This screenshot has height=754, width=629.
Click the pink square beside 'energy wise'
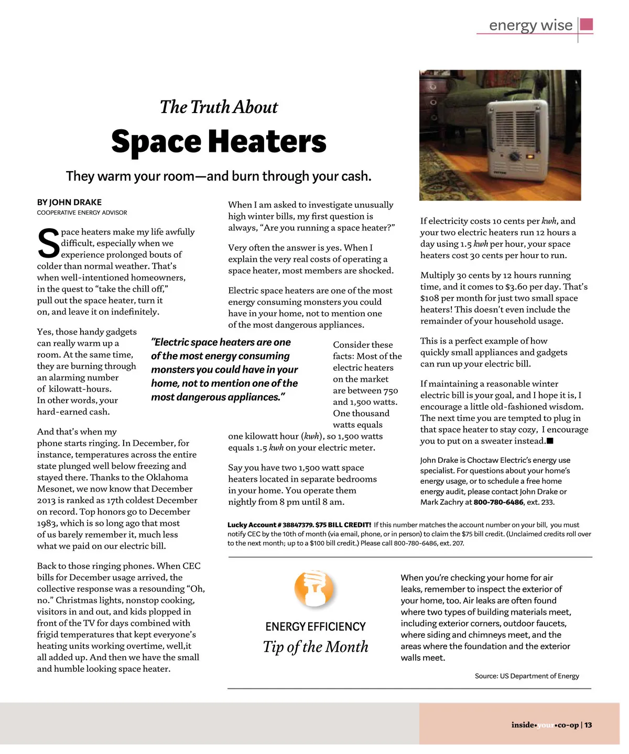(x=587, y=25)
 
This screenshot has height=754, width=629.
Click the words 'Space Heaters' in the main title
(x=219, y=142)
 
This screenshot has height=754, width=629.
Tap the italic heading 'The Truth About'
(x=219, y=107)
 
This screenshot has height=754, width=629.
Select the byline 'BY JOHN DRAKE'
(x=69, y=202)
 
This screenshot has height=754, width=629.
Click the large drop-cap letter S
(x=48, y=243)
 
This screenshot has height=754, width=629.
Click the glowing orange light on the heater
(x=530, y=156)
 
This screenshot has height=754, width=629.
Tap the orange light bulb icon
(x=314, y=588)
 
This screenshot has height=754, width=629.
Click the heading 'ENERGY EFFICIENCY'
(x=315, y=627)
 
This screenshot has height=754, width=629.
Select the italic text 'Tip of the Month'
(x=315, y=647)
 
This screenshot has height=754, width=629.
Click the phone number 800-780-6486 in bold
(x=498, y=502)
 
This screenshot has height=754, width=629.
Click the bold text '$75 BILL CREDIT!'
(x=343, y=525)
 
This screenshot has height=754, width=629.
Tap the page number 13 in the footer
(x=588, y=725)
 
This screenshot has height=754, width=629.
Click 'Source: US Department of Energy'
(x=527, y=676)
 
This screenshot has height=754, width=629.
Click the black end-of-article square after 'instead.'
(x=550, y=441)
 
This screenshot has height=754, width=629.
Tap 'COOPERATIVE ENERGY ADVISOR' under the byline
(x=82, y=213)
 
